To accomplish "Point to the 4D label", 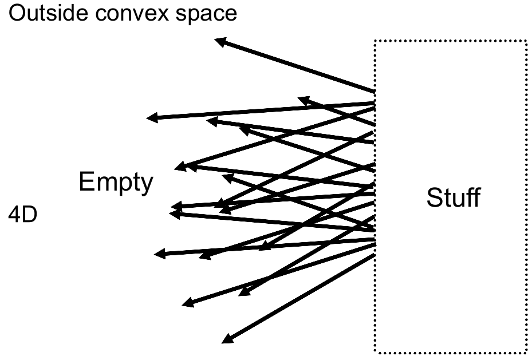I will coord(23,217).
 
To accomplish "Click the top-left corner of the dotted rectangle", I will coord(375,41).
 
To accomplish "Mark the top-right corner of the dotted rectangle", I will coord(526,41).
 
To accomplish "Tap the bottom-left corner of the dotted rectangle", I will coord(375,351).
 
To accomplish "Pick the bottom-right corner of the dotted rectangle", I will coord(526,351).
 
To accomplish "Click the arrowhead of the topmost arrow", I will coord(218,40).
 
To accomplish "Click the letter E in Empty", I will coord(85,182).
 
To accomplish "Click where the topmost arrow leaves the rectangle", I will coord(375,91).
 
